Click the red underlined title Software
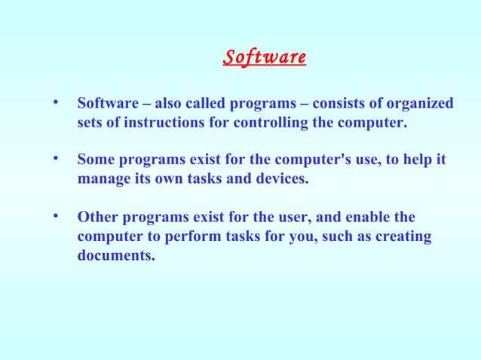click(265, 57)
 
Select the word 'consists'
click(337, 103)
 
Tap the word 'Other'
click(96, 218)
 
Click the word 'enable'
click(366, 218)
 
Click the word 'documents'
click(115, 257)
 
